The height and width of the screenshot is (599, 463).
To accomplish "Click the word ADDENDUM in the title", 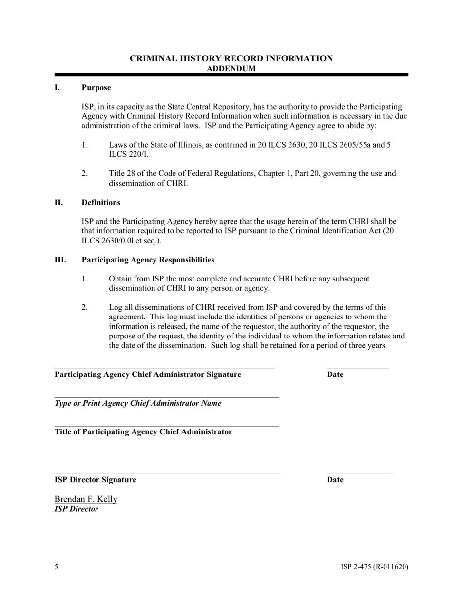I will pos(231,69).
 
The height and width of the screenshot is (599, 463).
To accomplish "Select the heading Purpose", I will pos(96,88).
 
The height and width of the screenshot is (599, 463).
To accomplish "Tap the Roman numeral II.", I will pos(58,203).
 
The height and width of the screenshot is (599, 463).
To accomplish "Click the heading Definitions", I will pos(101,203).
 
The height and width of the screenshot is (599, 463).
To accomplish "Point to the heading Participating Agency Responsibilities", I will pos(148,260).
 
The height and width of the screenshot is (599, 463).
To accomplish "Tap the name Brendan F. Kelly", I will pos(86,499).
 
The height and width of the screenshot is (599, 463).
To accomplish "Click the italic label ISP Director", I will pos(76,509).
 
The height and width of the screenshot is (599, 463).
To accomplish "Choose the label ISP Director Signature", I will pos(96,480).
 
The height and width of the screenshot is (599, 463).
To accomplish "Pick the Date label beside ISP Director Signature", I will pos(335,480).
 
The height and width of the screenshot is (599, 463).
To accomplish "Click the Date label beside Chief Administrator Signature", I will pos(335,374).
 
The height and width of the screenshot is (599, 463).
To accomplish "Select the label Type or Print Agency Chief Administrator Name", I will pos(138,403).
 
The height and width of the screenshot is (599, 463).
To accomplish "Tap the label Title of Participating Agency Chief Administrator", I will pos(143,432).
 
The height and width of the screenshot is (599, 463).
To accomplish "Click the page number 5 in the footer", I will pos(57,567).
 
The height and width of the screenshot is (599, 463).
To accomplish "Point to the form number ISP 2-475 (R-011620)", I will pos(374,567).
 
